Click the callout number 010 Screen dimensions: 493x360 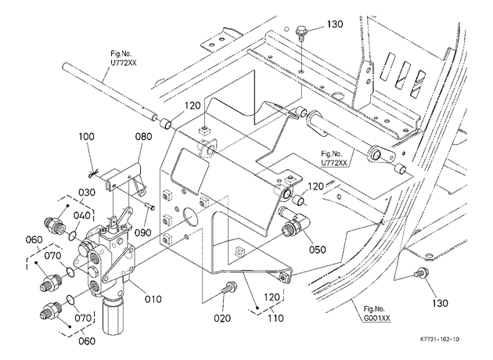click(153, 299)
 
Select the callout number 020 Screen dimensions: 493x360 click(222, 319)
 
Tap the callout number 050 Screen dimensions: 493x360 click(317, 250)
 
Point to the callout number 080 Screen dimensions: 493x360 click(143, 136)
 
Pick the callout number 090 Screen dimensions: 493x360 click(143, 232)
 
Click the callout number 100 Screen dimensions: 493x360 click(86, 136)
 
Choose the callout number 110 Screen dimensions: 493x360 click(275, 319)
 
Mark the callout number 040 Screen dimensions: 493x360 click(82, 216)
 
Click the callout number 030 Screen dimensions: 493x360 click(86, 192)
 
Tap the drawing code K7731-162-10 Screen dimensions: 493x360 click(440, 339)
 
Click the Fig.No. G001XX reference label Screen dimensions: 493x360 click(376, 314)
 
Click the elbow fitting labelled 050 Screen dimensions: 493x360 click(294, 222)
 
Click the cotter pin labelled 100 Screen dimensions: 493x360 click(94, 173)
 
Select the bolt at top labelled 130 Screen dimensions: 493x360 click(301, 34)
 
